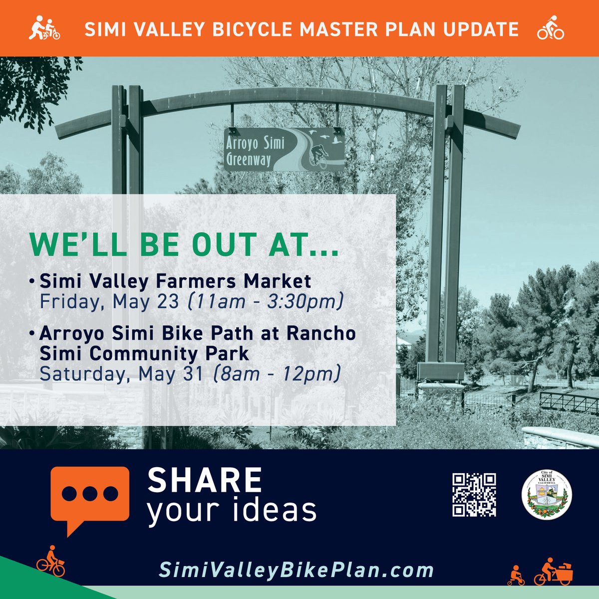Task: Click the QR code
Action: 474,495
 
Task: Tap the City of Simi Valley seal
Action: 547,494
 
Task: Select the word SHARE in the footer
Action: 205,480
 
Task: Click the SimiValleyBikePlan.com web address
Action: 297,570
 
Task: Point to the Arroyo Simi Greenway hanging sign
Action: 284,149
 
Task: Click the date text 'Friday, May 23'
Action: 109,302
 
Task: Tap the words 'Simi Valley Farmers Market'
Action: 175,281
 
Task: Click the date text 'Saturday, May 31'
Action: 121,373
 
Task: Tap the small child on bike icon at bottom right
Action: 516,575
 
